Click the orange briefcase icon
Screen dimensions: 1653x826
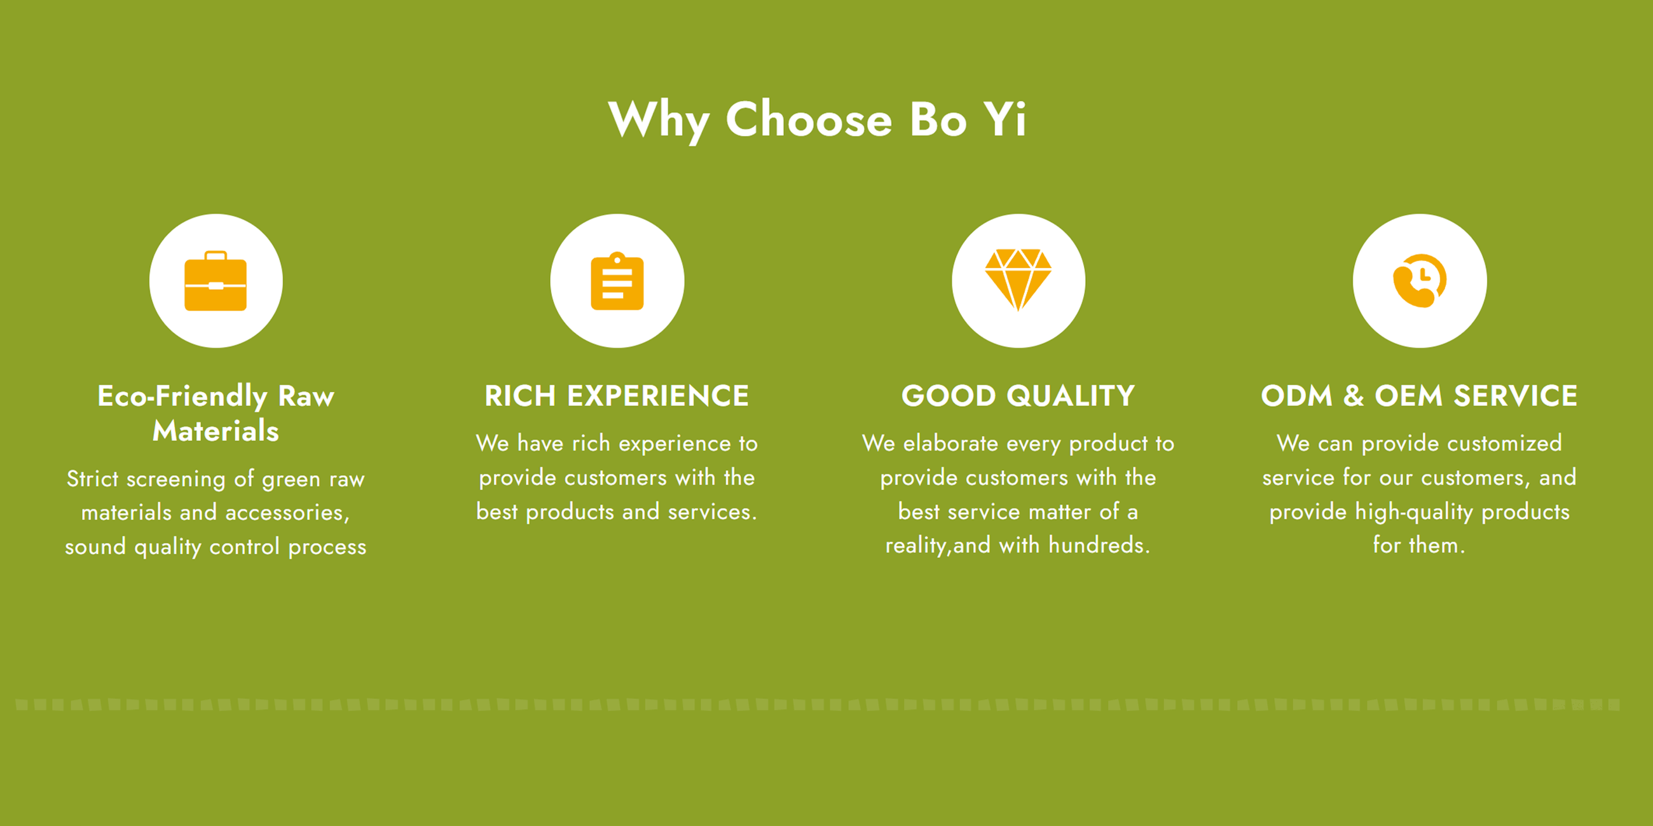(216, 281)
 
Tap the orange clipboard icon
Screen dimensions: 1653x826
(617, 281)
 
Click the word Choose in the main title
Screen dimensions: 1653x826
(809, 120)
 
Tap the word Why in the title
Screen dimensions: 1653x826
(659, 122)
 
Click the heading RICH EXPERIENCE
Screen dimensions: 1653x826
(617, 396)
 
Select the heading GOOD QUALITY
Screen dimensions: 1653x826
(1019, 396)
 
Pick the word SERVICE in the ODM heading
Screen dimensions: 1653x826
(1516, 396)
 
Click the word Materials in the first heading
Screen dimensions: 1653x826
(216, 430)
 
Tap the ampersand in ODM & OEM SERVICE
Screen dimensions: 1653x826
(1354, 396)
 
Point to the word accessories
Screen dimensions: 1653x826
(287, 513)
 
